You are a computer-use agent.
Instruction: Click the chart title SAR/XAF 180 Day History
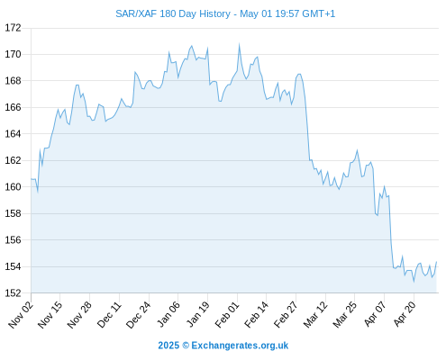pos(173,13)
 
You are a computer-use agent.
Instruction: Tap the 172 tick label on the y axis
pos(14,28)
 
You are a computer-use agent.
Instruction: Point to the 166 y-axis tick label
pos(14,107)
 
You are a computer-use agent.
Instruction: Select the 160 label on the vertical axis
pos(14,187)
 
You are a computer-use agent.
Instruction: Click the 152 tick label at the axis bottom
pos(14,292)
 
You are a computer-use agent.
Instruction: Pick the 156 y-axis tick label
pos(14,240)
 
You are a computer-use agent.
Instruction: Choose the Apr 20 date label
pos(405,314)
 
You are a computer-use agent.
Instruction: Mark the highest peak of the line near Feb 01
pos(240,45)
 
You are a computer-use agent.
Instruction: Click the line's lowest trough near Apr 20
pos(414,282)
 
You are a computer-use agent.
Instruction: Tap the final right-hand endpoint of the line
pos(436,262)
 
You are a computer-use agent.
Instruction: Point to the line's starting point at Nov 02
pos(31,179)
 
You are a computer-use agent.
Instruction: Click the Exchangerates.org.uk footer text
pos(240,346)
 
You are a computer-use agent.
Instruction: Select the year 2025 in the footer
pos(168,346)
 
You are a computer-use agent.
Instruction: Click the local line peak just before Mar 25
pos(357,150)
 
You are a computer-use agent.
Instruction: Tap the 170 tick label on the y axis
pos(14,54)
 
